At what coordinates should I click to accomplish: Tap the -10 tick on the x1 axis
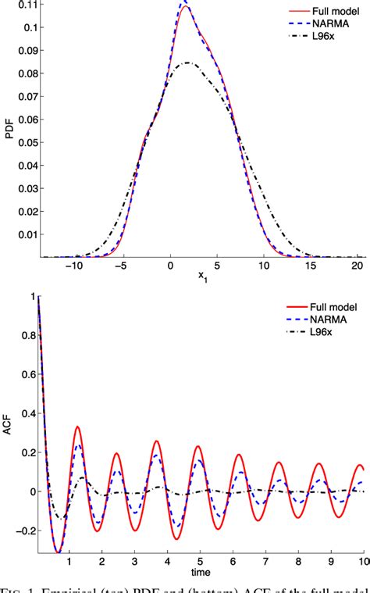pyautogui.click(x=74, y=266)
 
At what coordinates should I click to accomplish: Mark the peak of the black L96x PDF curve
pyautogui.click(x=187, y=63)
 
